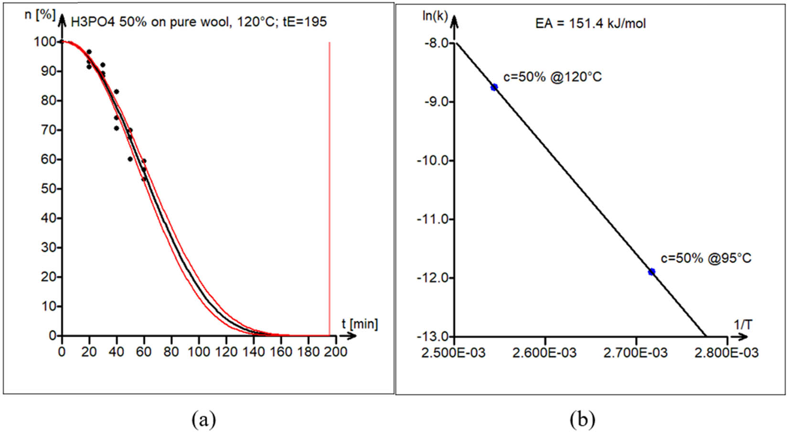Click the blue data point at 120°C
(x=494, y=87)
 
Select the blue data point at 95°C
(x=651, y=272)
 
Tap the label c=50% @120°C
(x=553, y=77)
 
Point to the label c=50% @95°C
(x=706, y=258)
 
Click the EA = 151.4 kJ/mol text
(x=590, y=23)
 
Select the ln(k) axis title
(x=435, y=16)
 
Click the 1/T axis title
(x=743, y=325)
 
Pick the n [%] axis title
(x=40, y=14)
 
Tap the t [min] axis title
(x=360, y=324)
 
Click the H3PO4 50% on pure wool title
(x=199, y=21)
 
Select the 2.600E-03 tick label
(x=545, y=353)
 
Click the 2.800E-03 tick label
(x=727, y=353)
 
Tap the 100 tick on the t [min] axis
(x=199, y=352)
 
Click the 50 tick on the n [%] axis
(x=48, y=189)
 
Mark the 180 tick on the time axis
(x=309, y=352)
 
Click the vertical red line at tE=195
(x=330, y=191)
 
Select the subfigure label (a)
(x=204, y=420)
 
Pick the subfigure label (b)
(x=583, y=420)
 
